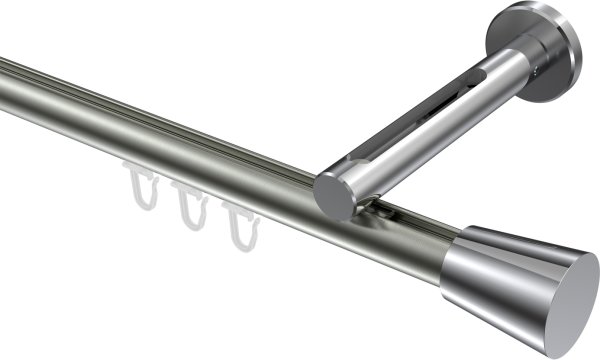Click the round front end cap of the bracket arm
point(333,196)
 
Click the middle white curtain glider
point(189,204)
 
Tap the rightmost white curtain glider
point(238,223)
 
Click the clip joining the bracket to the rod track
point(384,211)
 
